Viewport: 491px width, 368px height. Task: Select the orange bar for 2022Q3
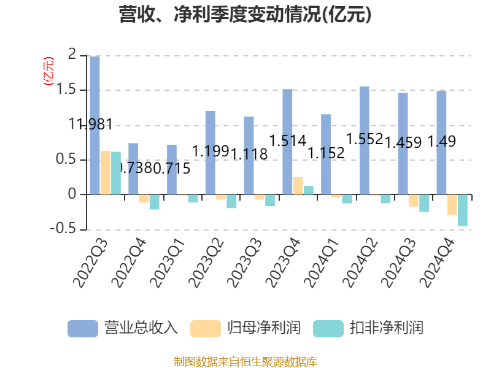(105, 173)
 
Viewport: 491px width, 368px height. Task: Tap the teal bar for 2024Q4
(463, 210)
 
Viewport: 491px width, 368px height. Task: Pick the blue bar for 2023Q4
(287, 142)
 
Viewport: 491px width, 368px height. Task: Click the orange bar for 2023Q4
(298, 186)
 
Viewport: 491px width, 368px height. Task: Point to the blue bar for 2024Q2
(364, 140)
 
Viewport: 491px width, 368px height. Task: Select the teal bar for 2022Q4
(154, 202)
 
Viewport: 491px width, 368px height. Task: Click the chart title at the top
(245, 15)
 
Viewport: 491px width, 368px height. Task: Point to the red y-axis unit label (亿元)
(47, 71)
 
